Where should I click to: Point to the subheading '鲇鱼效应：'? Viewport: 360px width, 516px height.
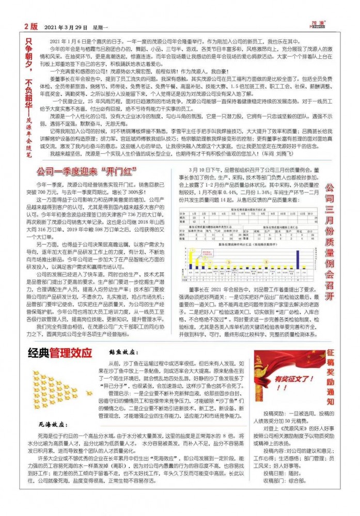tap(124, 352)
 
